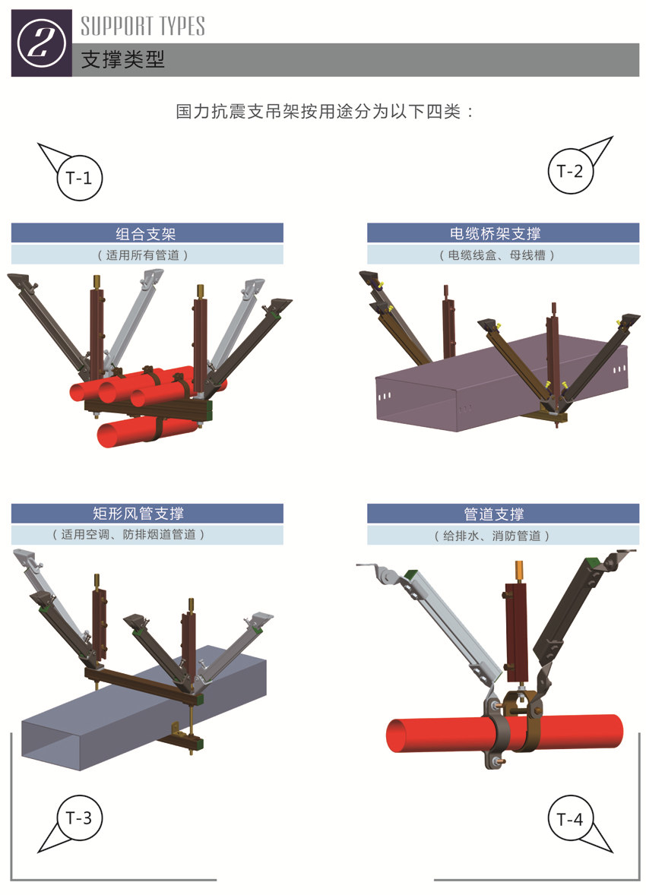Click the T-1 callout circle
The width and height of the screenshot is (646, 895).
click(x=78, y=179)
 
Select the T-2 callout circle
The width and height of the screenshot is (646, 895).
click(x=570, y=171)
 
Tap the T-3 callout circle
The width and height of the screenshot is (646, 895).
click(x=78, y=818)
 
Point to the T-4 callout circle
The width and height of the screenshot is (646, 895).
click(x=570, y=819)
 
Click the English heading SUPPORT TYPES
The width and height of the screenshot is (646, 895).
click(x=143, y=26)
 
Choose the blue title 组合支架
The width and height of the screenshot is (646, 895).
click(x=146, y=233)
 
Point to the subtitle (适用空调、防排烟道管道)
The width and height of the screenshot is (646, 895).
click(x=146, y=535)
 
